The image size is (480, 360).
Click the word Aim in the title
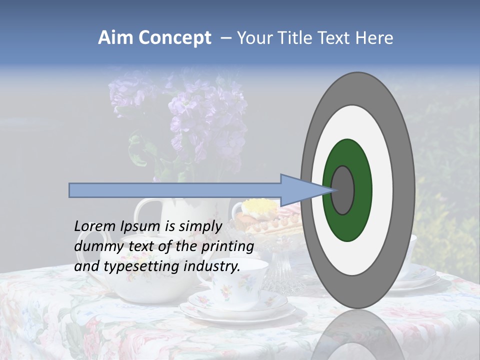coord(115,38)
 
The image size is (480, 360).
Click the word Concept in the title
coord(175,38)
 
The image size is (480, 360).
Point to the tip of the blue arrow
coord(334,190)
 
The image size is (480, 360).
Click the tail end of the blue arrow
coord(70,190)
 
